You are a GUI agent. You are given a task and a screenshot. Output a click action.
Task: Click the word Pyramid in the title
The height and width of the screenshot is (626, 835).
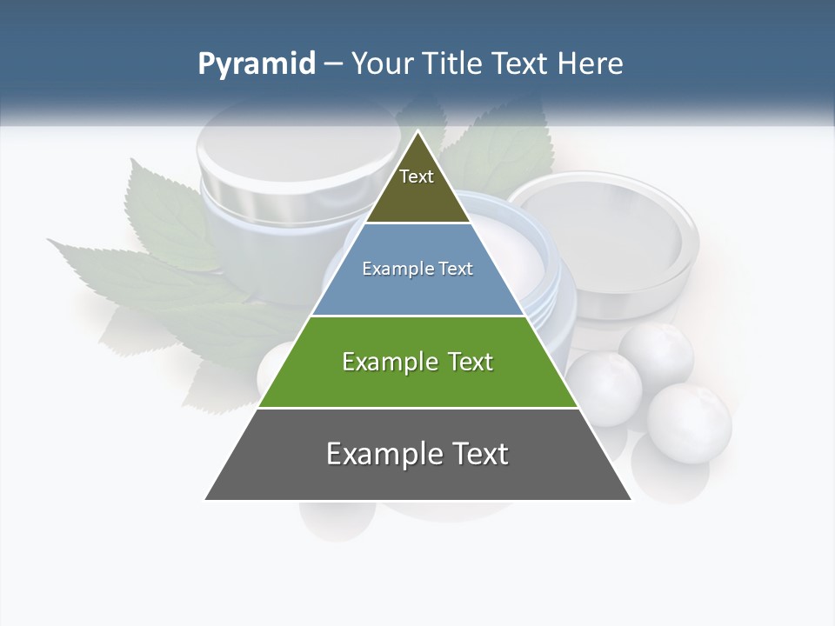click(x=257, y=64)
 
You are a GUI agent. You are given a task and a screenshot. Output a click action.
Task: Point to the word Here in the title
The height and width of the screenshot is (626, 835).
click(x=590, y=64)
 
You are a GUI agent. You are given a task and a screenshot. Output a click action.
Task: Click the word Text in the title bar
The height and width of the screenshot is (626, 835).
click(x=520, y=64)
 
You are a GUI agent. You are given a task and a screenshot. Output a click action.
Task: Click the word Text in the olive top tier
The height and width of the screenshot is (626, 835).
click(x=417, y=176)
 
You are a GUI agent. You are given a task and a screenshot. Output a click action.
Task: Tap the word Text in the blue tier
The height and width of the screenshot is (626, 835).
click(x=456, y=270)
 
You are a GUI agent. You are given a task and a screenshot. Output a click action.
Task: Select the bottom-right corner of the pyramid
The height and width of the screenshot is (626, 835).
click(x=631, y=499)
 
